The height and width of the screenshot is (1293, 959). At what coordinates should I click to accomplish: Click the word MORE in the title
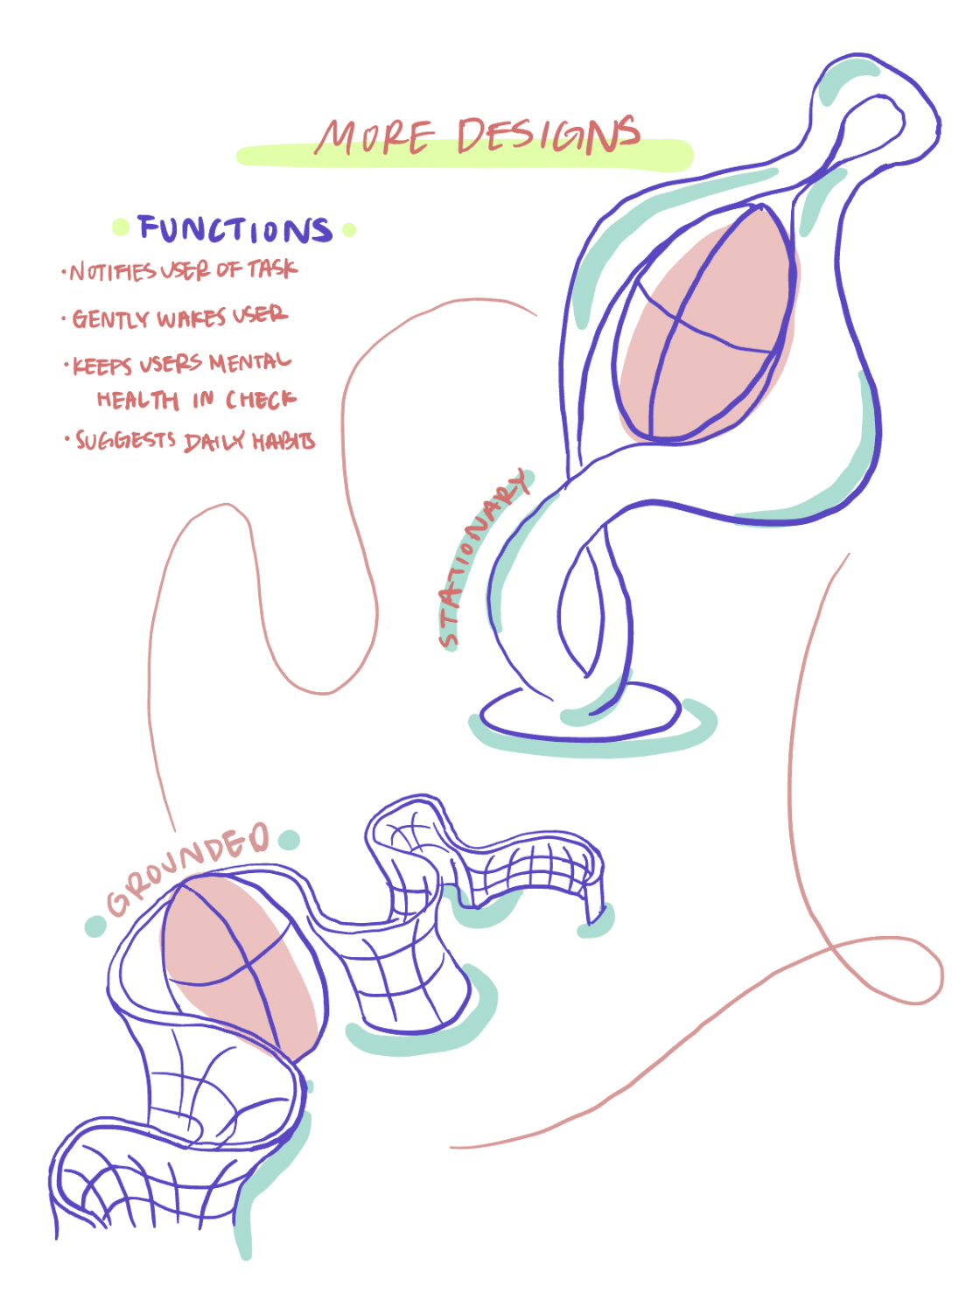[x=374, y=138]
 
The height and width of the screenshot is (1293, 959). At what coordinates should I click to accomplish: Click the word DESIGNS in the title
[x=548, y=136]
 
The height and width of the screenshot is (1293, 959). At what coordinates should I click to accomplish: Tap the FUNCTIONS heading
[x=234, y=229]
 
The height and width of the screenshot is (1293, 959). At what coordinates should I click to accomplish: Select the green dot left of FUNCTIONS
[x=121, y=227]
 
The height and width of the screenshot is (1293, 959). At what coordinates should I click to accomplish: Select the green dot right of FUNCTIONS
[x=349, y=230]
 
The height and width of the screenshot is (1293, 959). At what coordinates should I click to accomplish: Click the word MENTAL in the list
[x=249, y=361]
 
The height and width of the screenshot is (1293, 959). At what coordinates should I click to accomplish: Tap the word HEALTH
[x=137, y=401]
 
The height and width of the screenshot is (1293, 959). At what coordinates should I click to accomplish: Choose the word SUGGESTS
[x=125, y=439]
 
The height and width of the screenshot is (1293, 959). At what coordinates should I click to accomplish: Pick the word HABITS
[x=283, y=441]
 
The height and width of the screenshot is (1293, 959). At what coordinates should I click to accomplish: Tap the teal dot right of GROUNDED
[x=289, y=841]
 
